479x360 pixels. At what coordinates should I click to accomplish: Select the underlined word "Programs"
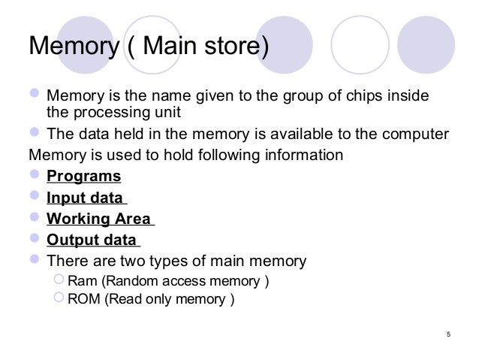point(83,177)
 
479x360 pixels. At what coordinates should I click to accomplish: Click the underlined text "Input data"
point(85,198)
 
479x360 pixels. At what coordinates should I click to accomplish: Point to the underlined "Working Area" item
point(98,219)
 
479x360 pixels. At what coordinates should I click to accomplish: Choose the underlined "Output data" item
point(92,241)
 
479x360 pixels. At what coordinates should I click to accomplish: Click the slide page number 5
point(447,335)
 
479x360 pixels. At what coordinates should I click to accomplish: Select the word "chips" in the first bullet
point(366,98)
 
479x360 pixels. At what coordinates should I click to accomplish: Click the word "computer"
point(417,135)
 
